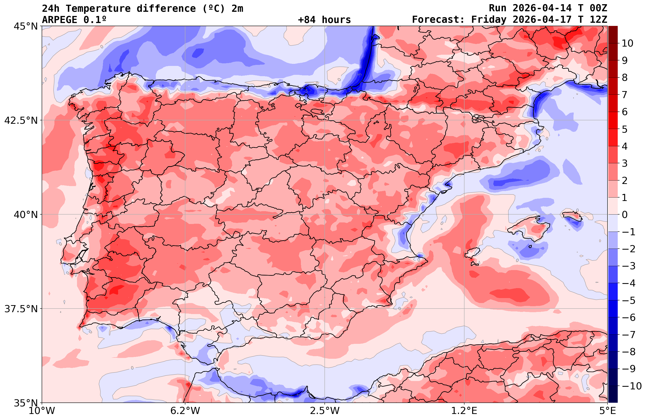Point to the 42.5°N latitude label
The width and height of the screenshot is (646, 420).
[21, 120]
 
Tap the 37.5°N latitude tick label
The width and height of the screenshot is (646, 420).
[21, 309]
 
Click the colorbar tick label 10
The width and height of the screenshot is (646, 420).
[627, 43]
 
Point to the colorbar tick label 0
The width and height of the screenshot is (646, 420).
[625, 215]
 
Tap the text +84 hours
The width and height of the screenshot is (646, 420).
[324, 20]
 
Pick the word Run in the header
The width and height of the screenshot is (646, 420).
[498, 8]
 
